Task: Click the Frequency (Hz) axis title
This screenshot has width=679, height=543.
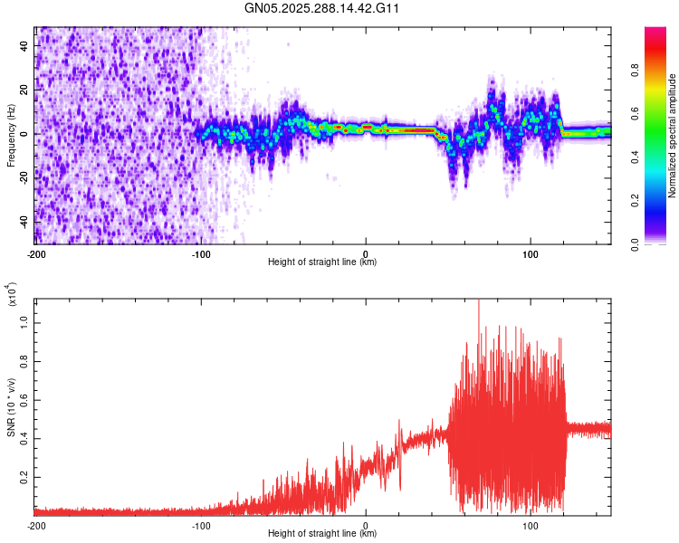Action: pos(11,135)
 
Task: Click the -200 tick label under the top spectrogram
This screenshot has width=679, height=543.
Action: pos(36,253)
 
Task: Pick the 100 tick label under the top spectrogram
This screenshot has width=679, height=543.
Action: pos(531,253)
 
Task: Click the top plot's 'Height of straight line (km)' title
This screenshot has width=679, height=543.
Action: pos(322,262)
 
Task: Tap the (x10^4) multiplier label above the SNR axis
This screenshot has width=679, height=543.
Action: pos(11,294)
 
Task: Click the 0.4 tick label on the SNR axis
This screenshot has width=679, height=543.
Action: pos(24,437)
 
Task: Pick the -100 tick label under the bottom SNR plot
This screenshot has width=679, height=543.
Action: pos(201,525)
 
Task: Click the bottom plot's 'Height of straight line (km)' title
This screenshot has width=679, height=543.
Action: pos(322,534)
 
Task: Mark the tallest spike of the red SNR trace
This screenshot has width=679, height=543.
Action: pos(478,301)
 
